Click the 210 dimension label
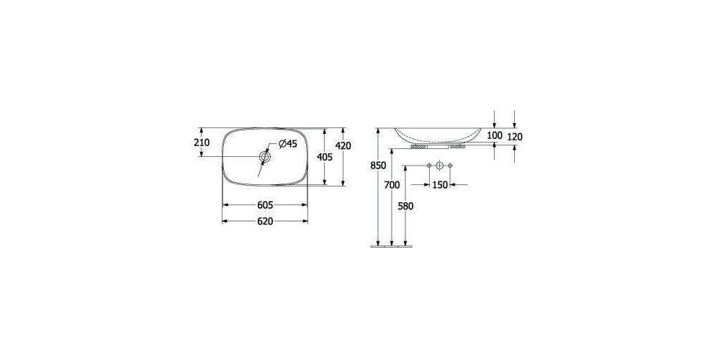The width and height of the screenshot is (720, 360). coord(202,143)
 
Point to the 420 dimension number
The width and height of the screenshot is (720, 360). coord(343,146)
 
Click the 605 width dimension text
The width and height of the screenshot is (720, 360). coord(265,204)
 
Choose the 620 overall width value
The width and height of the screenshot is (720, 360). coord(265,221)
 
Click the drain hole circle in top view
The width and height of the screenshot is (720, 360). coord(265,156)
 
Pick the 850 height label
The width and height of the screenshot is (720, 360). coord(377,166)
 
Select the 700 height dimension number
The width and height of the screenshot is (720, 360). coord(392,185)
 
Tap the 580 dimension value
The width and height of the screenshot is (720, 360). coord(406,205)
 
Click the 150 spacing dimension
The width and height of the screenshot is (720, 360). coord(440,185)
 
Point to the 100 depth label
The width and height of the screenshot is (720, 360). coord(494,135)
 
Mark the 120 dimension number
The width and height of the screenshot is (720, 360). coord(515,136)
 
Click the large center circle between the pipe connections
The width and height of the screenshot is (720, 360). coord(440,167)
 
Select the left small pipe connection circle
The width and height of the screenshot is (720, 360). coord(429,167)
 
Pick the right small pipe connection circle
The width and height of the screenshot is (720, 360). coord(451,167)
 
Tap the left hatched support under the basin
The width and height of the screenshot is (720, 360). coord(418,145)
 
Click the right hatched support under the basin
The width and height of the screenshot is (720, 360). coord(459,145)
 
